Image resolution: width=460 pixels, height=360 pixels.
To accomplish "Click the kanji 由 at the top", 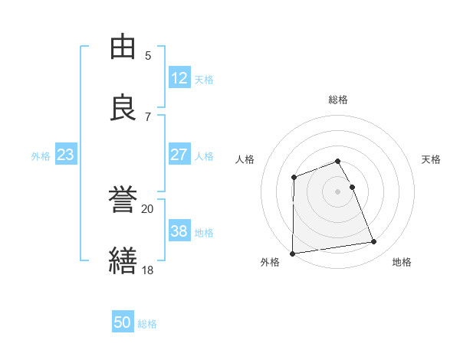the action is click(x=123, y=47).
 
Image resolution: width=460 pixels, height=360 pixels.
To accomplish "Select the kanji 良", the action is click(x=123, y=106).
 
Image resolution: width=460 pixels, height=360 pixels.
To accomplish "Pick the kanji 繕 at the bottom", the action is click(x=123, y=259).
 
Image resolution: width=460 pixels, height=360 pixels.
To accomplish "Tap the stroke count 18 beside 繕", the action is click(x=147, y=269).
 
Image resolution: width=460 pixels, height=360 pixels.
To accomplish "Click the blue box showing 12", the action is click(x=179, y=78).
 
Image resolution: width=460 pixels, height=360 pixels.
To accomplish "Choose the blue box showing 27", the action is click(x=179, y=155).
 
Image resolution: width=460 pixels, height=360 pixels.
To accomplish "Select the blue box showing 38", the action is click(x=179, y=231).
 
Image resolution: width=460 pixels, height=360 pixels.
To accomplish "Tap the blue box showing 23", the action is click(x=65, y=155).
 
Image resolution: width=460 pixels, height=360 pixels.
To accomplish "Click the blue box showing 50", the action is click(x=123, y=322).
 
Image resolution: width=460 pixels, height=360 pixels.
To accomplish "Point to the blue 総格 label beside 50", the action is click(x=147, y=324).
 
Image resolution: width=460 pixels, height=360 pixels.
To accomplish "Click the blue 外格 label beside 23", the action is click(x=41, y=156).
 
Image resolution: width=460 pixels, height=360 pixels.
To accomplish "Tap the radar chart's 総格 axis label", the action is click(x=338, y=100).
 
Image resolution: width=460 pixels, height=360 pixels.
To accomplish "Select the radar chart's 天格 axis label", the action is click(x=432, y=159).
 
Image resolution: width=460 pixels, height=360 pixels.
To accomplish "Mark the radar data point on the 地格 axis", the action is click(x=374, y=242).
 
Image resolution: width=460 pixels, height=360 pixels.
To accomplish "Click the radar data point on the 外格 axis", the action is click(x=292, y=254).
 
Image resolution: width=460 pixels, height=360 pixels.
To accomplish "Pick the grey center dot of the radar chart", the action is click(x=338, y=191).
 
